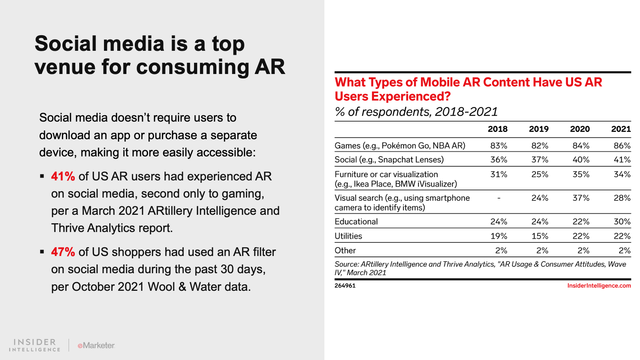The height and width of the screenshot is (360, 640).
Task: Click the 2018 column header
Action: pyautogui.click(x=498, y=129)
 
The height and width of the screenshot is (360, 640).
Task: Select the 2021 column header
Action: pyautogui.click(x=621, y=129)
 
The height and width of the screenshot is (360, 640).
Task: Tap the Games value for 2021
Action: pyautogui.click(x=622, y=146)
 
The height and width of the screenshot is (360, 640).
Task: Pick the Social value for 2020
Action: pyautogui.click(x=581, y=160)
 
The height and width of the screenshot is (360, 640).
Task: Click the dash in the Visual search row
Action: pyautogui.click(x=499, y=198)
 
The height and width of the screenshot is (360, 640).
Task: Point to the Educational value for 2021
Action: pyautogui.click(x=622, y=222)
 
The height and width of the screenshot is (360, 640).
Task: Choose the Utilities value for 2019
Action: pyautogui.click(x=540, y=236)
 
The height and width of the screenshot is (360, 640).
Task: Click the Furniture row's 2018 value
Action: pyautogui.click(x=499, y=174)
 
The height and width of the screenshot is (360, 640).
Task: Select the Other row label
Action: pyautogui.click(x=345, y=250)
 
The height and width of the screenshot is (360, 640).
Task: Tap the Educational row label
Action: pyautogui.click(x=356, y=222)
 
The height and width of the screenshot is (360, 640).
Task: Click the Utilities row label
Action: pyautogui.click(x=348, y=236)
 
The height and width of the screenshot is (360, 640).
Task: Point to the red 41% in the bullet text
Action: pyautogui.click(x=63, y=176)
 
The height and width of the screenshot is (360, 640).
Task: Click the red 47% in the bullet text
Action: pyautogui.click(x=63, y=252)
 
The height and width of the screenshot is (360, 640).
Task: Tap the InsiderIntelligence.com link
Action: pyautogui.click(x=599, y=286)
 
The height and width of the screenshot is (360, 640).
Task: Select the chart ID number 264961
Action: pyautogui.click(x=345, y=286)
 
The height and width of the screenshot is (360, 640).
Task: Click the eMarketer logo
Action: pyautogui.click(x=96, y=345)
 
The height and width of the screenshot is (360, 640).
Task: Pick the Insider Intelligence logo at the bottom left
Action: pyautogui.click(x=35, y=345)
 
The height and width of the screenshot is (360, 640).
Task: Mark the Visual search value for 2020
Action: pyautogui.click(x=581, y=198)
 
